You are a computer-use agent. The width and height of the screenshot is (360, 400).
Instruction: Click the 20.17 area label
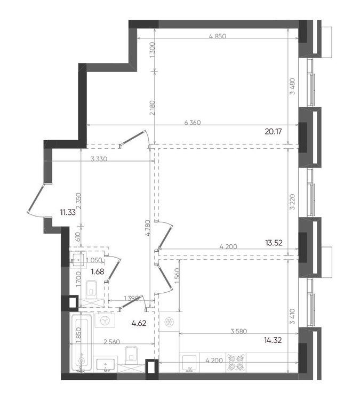[x=273, y=132]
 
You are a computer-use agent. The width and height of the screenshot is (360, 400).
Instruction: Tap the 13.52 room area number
[x=274, y=243]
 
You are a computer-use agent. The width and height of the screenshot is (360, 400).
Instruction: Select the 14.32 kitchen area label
[x=273, y=340]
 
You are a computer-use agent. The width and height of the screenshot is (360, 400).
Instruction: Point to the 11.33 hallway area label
[x=68, y=212]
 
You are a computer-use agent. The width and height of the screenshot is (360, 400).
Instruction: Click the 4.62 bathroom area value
[x=139, y=324]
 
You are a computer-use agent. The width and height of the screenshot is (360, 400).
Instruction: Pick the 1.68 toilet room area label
[x=98, y=271]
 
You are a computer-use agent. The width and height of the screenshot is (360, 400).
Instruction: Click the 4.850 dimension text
[x=218, y=36]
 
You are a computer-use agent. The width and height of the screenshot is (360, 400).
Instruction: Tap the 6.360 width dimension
[x=193, y=123]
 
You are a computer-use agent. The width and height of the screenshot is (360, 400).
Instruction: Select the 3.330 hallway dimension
[x=99, y=159]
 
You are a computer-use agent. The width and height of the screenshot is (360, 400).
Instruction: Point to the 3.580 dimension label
[x=238, y=331]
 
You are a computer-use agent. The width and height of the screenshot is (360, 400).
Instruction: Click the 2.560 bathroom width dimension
[x=112, y=342]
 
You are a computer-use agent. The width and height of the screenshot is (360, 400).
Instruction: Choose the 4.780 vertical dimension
[x=149, y=229]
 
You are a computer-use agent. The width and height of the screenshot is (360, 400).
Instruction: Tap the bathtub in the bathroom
[x=81, y=342]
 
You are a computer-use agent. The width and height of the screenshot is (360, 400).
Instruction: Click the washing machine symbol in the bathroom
[x=105, y=321]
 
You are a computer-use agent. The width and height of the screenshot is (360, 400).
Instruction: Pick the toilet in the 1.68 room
[x=92, y=290]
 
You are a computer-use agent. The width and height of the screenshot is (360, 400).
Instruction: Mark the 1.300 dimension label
[x=153, y=50]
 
